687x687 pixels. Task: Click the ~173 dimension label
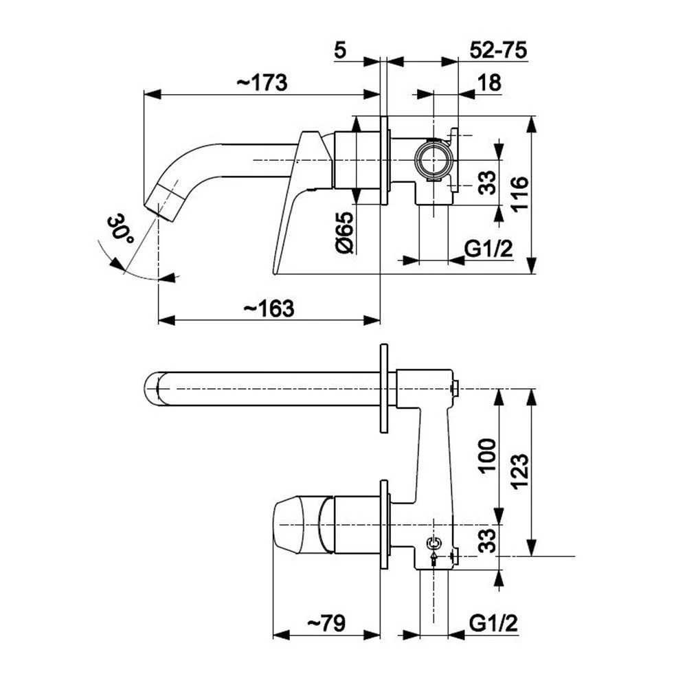[x=262, y=83]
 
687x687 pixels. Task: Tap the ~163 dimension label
[x=269, y=308]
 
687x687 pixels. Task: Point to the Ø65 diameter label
[x=345, y=233]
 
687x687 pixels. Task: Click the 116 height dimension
[x=521, y=194]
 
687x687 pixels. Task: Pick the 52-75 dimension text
[x=498, y=50]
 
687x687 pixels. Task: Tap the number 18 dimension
[x=489, y=82]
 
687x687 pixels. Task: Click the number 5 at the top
[x=340, y=50]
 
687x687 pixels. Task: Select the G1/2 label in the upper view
[x=488, y=249]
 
